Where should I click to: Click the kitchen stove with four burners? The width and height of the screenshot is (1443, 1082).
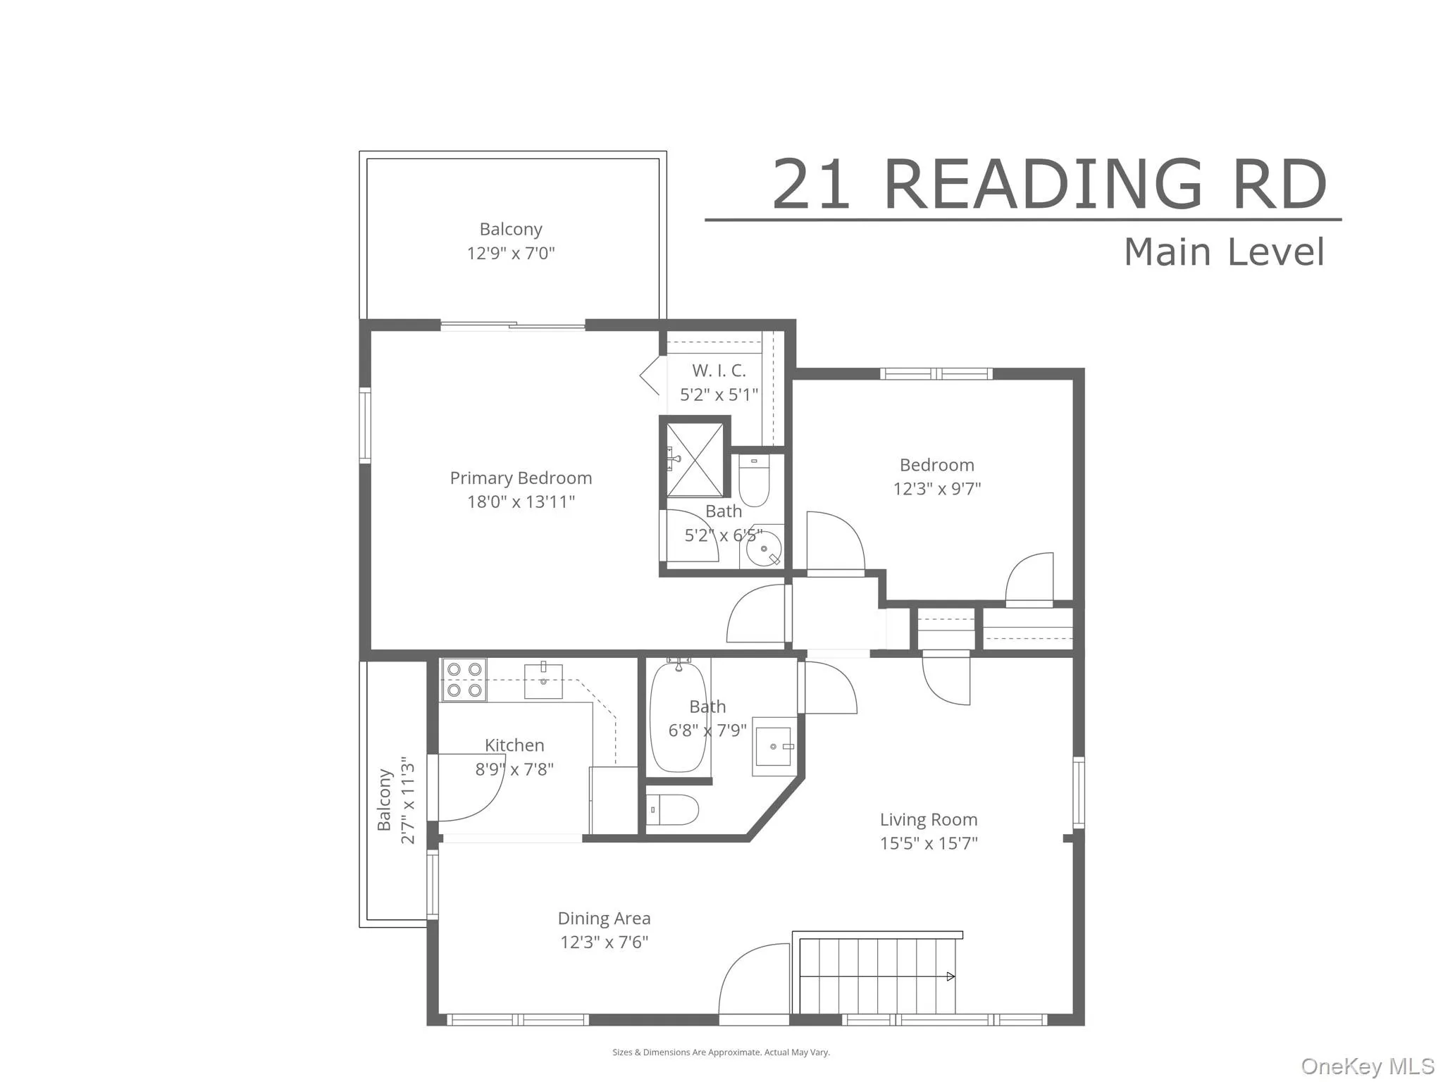point(464,680)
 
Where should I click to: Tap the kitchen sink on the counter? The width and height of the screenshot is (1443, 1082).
point(543,680)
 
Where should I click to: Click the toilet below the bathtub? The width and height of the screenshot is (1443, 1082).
point(674,809)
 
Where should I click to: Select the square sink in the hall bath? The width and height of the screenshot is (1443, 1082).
point(774,746)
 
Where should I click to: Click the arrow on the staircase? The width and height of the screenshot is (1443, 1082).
point(950,976)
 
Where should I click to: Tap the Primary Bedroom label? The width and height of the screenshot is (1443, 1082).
point(521,478)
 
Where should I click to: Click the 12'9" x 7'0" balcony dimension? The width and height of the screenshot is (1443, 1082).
point(511,254)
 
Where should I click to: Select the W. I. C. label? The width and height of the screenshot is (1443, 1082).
point(719,371)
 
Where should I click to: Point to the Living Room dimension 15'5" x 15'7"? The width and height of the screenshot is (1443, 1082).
point(929,843)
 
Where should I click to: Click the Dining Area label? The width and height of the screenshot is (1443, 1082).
point(604,919)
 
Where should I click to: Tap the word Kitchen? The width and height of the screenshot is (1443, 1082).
point(514,745)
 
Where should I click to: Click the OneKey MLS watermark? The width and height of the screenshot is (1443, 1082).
point(1368,1066)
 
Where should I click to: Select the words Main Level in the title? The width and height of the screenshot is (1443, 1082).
point(1224,252)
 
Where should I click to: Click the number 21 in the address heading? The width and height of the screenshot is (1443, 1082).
point(811,185)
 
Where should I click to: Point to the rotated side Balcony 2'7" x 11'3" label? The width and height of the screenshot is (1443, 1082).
point(396,800)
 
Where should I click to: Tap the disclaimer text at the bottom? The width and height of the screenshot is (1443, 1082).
point(721,1052)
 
